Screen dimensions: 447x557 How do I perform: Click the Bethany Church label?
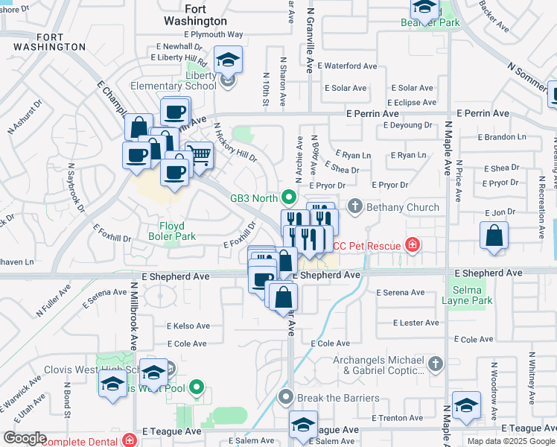click(x=402, y=206)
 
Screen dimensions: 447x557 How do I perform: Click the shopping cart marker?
click(x=200, y=156)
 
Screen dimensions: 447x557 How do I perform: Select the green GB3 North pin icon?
click(x=290, y=197)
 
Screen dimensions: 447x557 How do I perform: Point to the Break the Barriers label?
click(x=337, y=398)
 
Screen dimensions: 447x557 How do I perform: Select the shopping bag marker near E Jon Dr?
click(x=494, y=237)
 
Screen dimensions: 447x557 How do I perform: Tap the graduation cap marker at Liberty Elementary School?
click(x=229, y=60)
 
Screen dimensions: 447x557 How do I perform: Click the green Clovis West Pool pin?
click(x=196, y=387)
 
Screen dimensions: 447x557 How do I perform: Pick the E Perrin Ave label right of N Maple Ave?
click(x=483, y=113)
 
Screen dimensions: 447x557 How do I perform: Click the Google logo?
click(x=25, y=437)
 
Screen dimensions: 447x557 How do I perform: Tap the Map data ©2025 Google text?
click(x=510, y=441)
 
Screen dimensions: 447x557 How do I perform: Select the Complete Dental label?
click(x=83, y=441)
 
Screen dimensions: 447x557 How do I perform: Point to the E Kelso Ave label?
click(x=188, y=326)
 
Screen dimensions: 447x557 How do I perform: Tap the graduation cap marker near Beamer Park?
click(x=425, y=8)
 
